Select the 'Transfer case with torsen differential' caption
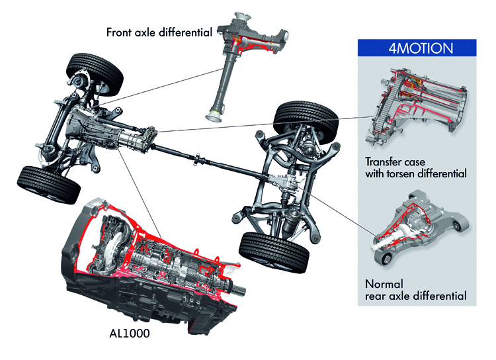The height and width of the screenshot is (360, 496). tap(416, 167)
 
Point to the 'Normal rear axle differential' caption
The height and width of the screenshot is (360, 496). tap(415, 289)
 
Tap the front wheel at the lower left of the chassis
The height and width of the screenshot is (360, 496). tap(41, 183)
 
